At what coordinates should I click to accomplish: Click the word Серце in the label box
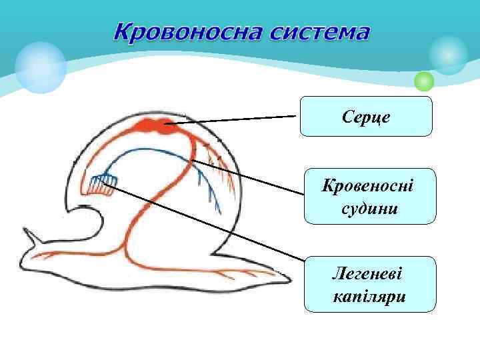click(367, 117)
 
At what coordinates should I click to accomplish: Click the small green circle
click(424, 82)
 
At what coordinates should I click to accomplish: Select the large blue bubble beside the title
click(41, 67)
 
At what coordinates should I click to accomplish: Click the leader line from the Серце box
click(233, 119)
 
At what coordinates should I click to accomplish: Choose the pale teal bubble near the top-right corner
click(449, 55)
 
